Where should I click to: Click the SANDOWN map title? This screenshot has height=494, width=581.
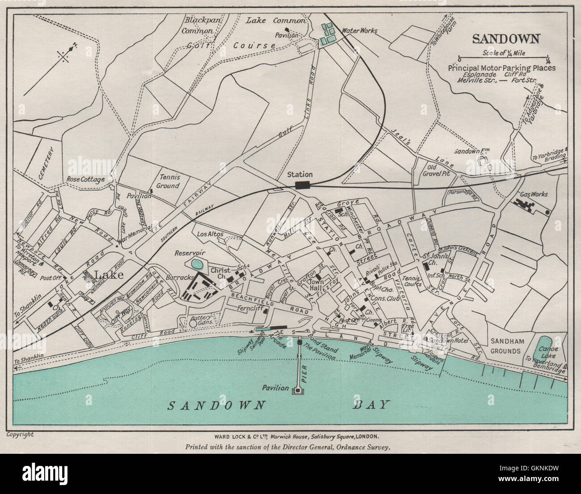click(506, 38)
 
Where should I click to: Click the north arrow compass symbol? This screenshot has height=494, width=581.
click(65, 55)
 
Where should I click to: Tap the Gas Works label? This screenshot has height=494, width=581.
click(534, 194)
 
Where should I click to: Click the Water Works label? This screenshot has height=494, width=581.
click(359, 31)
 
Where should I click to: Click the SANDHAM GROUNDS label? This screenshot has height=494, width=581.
click(505, 346)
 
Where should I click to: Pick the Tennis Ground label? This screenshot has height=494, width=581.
click(168, 182)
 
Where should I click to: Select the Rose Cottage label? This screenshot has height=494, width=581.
click(85, 179)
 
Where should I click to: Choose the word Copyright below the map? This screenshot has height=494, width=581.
click(20, 434)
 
